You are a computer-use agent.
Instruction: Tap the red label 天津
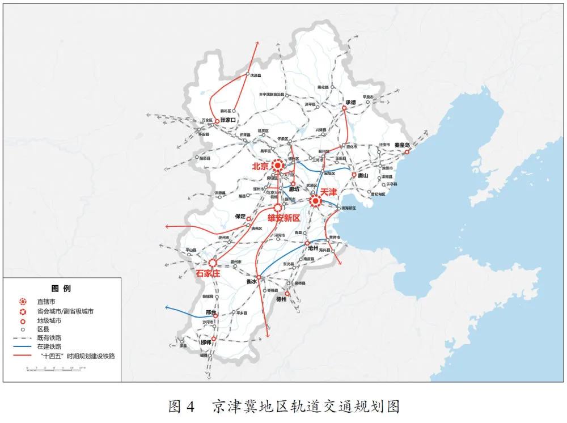[x=330, y=192]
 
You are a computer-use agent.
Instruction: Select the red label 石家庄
[x=208, y=273]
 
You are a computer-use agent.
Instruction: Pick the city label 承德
[x=349, y=103]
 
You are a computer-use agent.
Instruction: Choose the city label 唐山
[x=363, y=176]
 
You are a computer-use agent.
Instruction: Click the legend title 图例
[x=61, y=289]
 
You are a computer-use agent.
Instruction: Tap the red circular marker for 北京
[x=278, y=166]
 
